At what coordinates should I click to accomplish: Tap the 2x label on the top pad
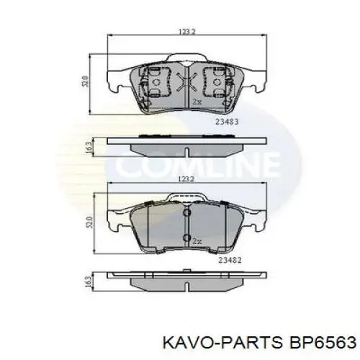[x=196, y=102]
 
